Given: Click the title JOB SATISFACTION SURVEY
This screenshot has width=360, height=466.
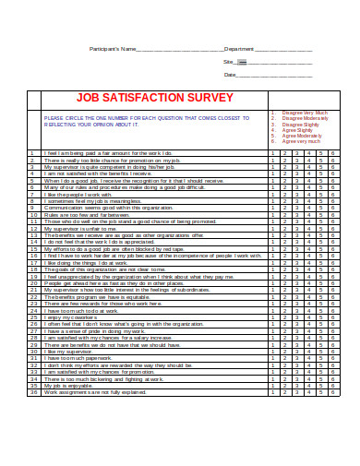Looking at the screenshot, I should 148,95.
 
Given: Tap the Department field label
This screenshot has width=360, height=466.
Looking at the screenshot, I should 239,48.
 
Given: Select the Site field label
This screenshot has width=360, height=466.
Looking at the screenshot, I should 228,61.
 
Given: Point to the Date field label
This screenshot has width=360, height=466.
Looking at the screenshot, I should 230,75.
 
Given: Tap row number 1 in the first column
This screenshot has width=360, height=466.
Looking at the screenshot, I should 32,152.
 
